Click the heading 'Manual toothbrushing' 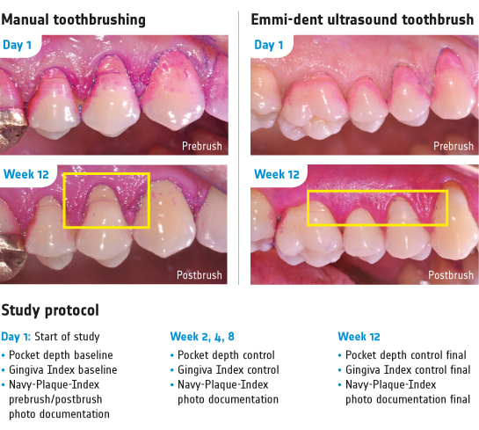73,20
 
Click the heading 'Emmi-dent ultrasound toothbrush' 362,20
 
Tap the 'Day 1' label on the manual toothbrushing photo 17,45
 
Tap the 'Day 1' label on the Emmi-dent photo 269,45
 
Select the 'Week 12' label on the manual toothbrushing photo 26,174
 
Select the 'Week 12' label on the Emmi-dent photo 277,174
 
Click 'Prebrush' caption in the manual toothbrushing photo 202,146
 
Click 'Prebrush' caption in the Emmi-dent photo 454,146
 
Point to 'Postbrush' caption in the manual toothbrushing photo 200,275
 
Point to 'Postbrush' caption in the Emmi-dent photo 451,275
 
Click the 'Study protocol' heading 50,310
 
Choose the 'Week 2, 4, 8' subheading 202,337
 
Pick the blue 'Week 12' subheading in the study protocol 359,337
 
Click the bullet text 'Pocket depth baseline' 61,355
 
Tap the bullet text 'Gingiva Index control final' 408,370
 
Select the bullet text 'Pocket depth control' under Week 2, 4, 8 226,355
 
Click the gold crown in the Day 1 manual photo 12,130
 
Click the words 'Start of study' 67,337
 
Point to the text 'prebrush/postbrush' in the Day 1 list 55,399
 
